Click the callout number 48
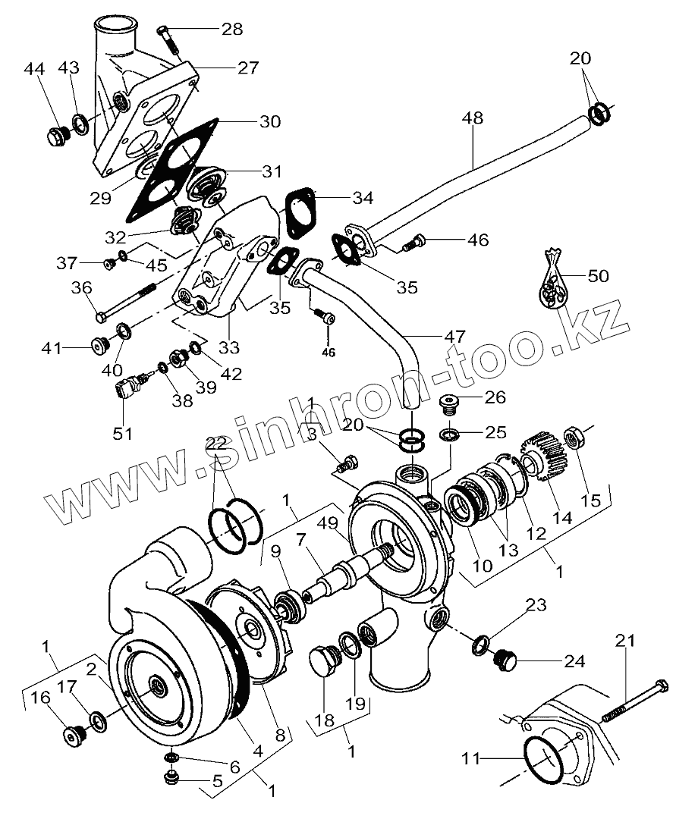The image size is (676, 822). tap(471, 119)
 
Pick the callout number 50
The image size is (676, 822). tap(599, 276)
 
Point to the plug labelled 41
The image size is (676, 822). tap(99, 347)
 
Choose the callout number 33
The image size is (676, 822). tap(228, 348)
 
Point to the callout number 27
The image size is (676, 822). tap(248, 67)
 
